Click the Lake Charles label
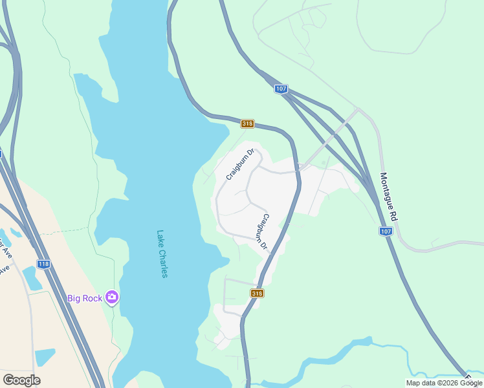tap(162, 254)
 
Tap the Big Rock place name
tap(85, 298)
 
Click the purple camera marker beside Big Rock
tap(113, 297)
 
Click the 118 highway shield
tap(43, 264)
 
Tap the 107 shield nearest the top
tap(280, 89)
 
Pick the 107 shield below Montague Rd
tap(386, 231)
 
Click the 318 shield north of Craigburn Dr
tap(247, 124)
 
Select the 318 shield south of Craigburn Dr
tap(258, 294)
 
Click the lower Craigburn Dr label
tap(262, 232)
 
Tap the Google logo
tap(21, 380)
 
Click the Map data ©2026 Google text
tap(445, 383)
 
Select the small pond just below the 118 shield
tap(32, 277)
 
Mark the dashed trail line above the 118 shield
tap(58, 230)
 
